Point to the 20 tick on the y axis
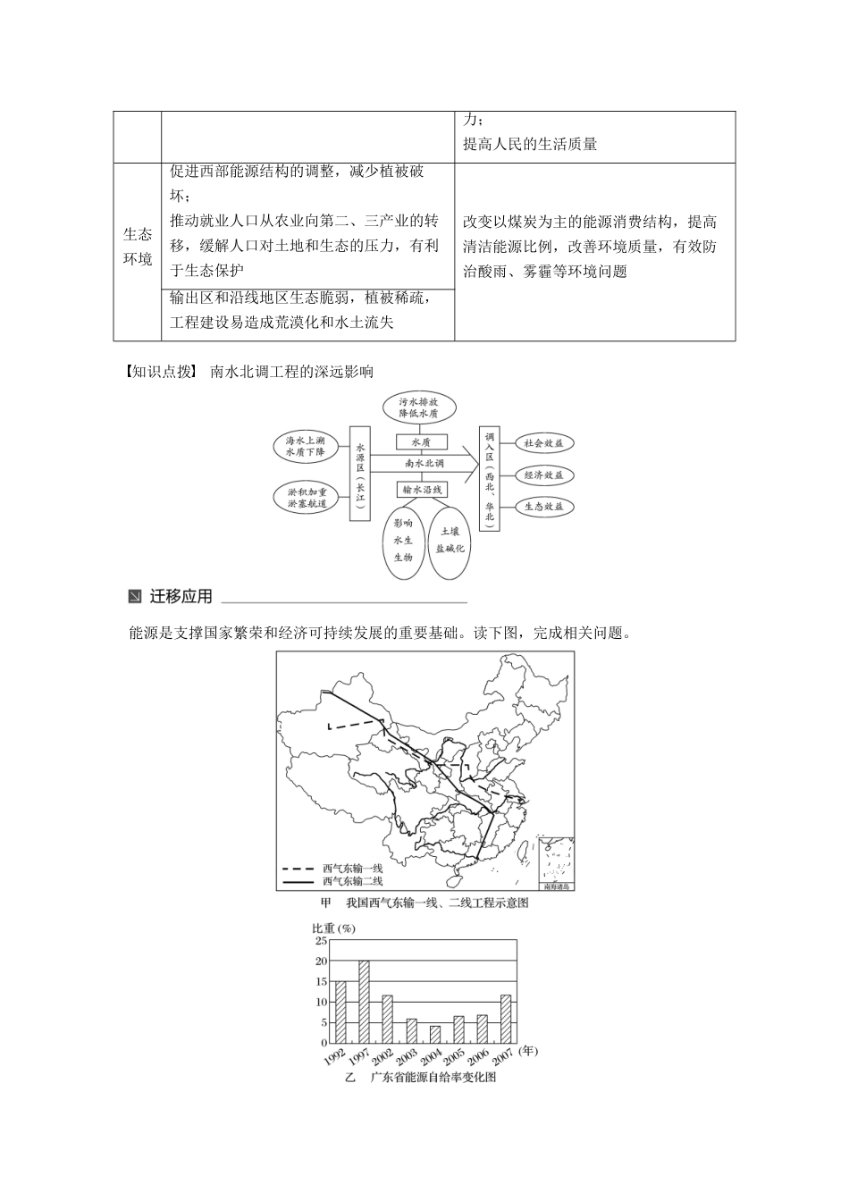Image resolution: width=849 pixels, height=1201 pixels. coord(321,961)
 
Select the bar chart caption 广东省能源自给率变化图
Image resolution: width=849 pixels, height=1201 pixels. coord(433,1078)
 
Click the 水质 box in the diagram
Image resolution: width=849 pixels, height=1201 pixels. coord(421,442)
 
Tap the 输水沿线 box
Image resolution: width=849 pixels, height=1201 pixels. coord(421,489)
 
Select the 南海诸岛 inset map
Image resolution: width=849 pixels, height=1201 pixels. coord(556,861)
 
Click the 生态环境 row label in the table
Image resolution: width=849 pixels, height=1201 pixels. coord(137,247)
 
